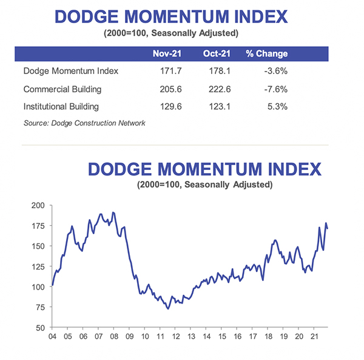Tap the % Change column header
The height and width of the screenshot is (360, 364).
266,53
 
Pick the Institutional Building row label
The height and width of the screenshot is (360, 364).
61,107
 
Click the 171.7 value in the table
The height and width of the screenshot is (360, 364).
169,71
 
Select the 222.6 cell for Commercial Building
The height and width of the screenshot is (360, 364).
218,89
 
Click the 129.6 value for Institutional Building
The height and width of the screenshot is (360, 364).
169,107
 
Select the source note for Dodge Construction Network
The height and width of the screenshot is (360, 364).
84,123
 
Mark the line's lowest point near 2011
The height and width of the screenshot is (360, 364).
168,308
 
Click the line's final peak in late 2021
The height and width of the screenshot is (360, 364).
326,223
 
